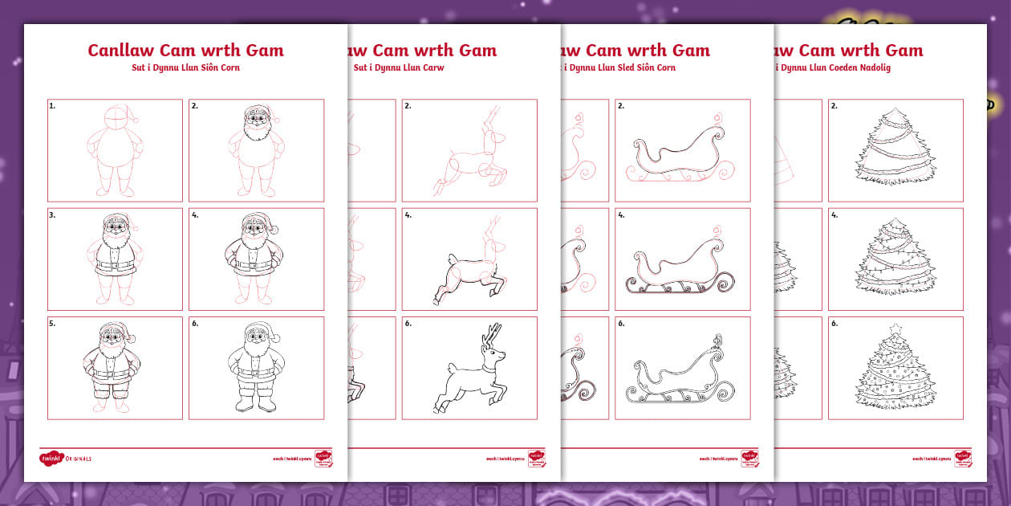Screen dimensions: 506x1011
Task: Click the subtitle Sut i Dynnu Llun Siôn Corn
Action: click(185, 68)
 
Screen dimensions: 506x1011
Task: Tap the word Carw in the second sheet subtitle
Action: click(433, 68)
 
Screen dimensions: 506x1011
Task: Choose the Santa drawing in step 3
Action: click(115, 259)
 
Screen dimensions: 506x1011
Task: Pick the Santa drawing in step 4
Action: click(256, 259)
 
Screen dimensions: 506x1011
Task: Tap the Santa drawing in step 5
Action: click(112, 367)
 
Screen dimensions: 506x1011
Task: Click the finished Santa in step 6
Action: click(256, 367)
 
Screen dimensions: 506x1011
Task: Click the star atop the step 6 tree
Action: click(895, 328)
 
